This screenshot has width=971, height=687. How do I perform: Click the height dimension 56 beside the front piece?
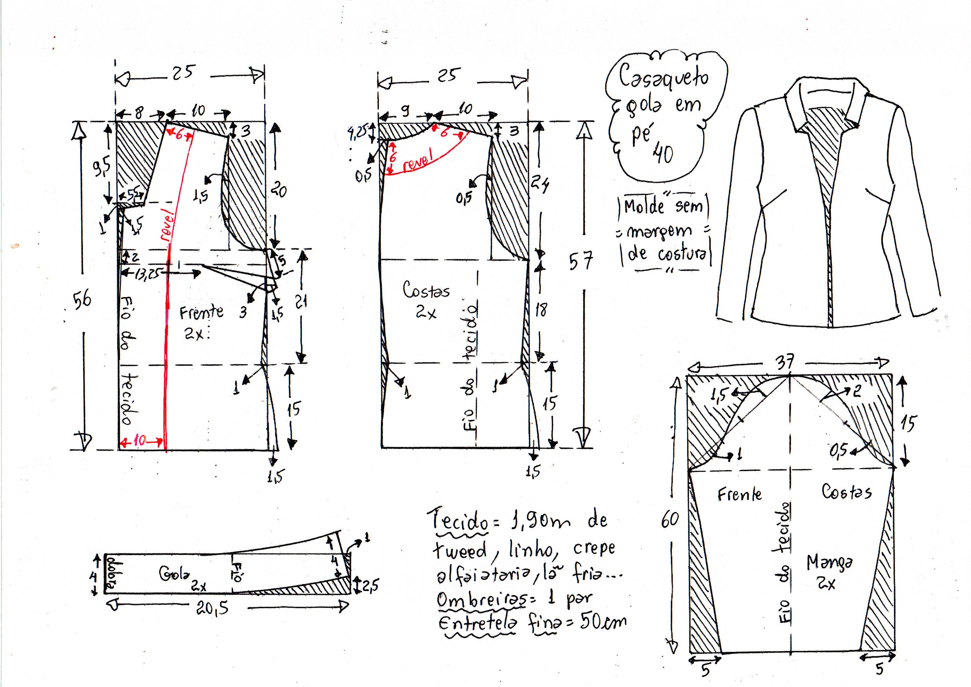tap(83, 300)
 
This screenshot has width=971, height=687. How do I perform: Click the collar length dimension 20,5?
tap(213, 608)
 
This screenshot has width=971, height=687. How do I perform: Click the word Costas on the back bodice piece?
tap(426, 291)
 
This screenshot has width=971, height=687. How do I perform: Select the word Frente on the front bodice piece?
tap(201, 313)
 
